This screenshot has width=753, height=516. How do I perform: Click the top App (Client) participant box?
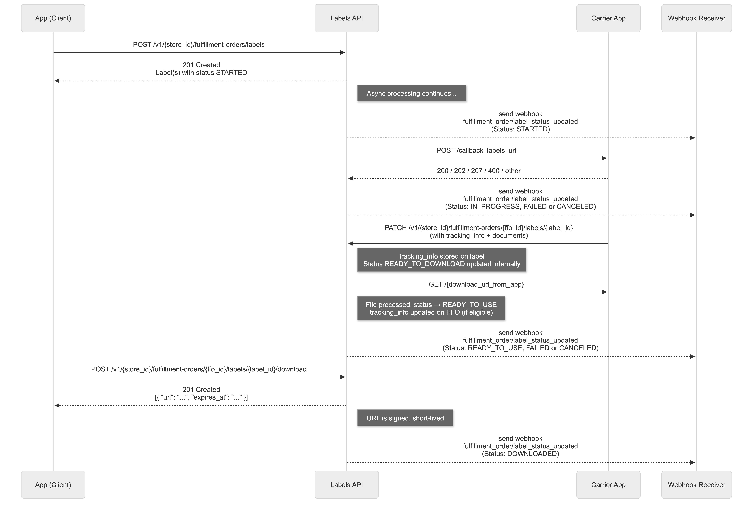[53, 18]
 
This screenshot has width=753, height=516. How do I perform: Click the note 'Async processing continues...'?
[412, 93]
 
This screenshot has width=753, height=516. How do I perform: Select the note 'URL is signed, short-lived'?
[405, 418]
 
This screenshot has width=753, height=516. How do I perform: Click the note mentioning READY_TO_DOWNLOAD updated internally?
[442, 260]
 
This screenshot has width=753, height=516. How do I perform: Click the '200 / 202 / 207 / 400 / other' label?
[479, 171]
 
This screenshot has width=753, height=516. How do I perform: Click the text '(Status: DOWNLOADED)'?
[520, 454]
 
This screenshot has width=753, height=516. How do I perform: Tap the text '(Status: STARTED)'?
[520, 129]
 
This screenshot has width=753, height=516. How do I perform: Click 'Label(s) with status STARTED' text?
[201, 73]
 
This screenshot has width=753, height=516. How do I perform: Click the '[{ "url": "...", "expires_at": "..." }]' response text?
[201, 397]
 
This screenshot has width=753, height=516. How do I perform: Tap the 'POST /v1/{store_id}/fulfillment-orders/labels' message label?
[199, 45]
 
